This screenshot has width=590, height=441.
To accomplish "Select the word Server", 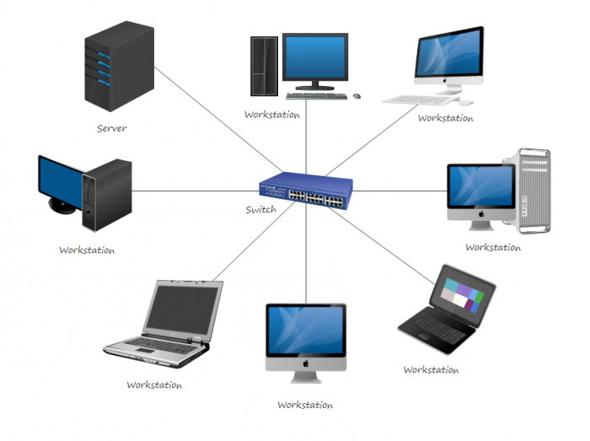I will click(111, 128).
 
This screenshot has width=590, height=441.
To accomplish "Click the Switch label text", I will click(260, 209).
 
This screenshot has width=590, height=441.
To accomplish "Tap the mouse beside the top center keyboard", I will click(357, 95).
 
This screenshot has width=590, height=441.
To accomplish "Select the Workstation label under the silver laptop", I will click(154, 385).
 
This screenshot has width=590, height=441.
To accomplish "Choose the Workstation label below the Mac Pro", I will click(493, 248).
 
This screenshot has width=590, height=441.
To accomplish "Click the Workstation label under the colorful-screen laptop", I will click(431, 369).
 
